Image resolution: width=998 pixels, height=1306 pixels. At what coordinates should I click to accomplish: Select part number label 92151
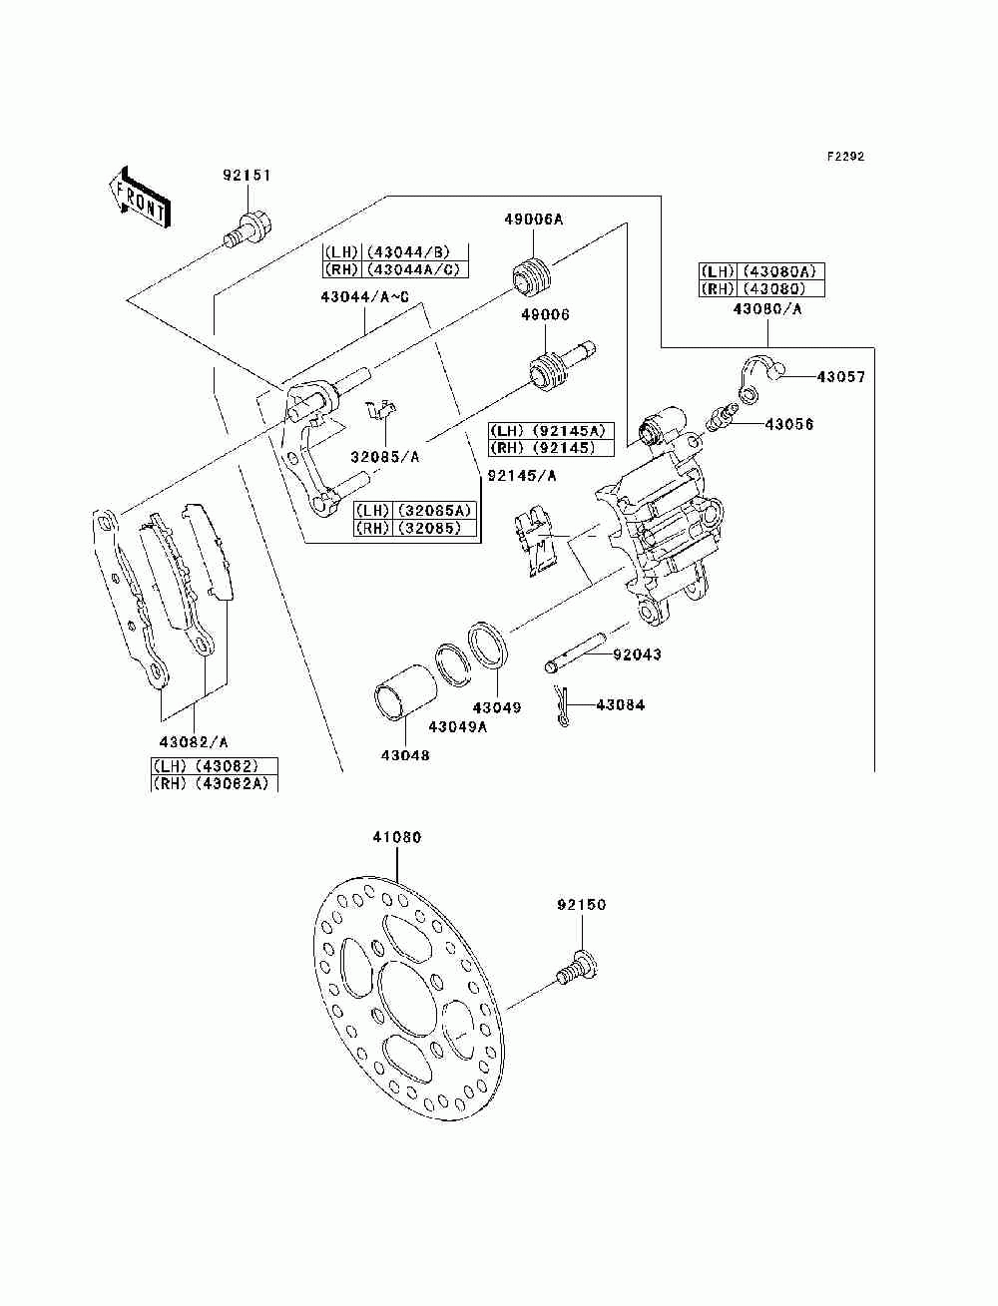pos(247,176)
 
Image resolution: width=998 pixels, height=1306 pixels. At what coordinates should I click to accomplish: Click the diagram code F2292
pos(844,157)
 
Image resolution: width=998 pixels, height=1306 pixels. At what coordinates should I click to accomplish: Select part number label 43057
pos(840,377)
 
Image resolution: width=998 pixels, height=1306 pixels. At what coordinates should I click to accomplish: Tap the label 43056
pos(788,424)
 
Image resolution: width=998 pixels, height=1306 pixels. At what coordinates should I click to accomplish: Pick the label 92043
pos(637,654)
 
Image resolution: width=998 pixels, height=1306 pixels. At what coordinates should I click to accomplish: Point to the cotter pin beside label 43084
pos(564,706)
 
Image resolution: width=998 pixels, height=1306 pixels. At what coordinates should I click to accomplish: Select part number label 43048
pos(404,755)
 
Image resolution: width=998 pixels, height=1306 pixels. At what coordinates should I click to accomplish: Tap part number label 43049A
pos(457,726)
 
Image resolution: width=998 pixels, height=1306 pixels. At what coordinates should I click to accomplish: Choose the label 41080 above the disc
pos(396,838)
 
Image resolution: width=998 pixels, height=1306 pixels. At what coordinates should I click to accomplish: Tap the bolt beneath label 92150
pos(579,967)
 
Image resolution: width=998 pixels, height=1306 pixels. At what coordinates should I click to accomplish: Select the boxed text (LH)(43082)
pos(214,766)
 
